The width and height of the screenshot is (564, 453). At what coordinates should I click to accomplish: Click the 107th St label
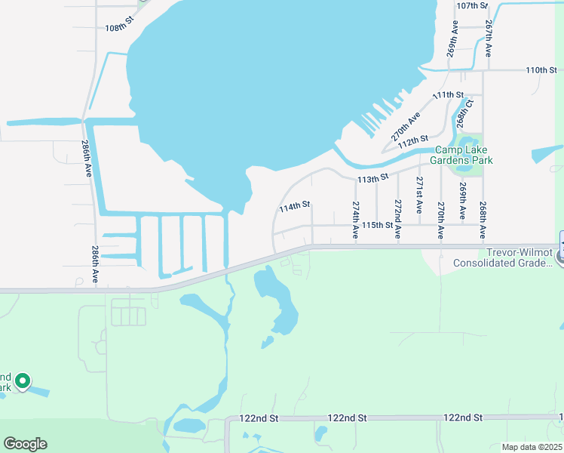tap(474, 5)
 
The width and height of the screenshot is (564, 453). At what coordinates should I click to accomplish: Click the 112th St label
tap(413, 141)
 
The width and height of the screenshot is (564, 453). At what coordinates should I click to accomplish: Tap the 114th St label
tap(295, 205)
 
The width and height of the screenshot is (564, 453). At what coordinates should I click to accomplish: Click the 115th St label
tap(377, 225)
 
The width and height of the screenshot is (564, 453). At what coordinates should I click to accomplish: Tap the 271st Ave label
tap(419, 193)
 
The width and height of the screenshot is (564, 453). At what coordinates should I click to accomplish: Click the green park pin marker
tap(23, 382)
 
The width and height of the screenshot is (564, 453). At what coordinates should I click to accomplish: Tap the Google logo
tap(25, 444)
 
